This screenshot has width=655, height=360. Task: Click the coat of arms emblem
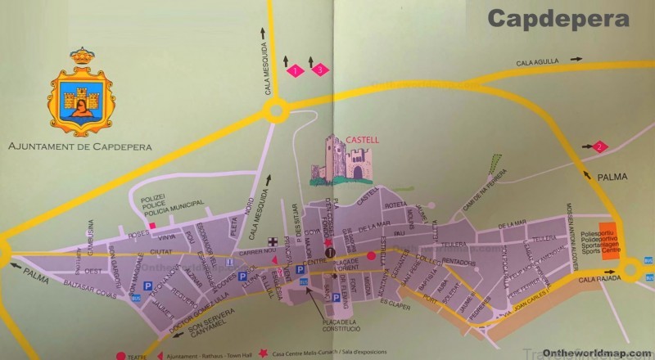79,94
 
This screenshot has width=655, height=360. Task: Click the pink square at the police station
151,223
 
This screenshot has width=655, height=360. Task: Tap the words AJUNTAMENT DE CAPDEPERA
80,148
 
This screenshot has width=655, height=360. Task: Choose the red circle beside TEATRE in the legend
121,356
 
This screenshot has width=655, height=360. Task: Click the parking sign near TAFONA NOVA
148,286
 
